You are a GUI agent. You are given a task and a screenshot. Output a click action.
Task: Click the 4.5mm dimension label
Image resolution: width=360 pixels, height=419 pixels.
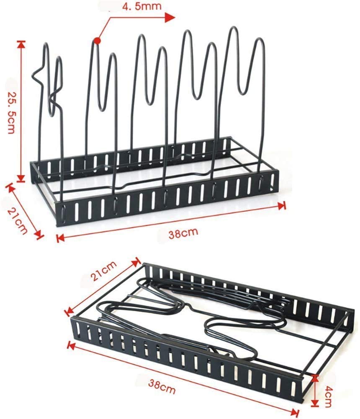tap(142, 6)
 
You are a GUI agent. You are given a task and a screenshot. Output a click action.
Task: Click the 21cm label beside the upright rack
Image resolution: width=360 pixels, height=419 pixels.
tap(17, 221)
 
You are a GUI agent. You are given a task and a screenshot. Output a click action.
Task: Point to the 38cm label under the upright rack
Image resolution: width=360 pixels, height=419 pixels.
tap(183, 233)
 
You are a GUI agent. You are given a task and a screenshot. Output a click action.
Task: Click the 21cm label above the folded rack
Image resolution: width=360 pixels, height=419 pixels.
tap(104, 270)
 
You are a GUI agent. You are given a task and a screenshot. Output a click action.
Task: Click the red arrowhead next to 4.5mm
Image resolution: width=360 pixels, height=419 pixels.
tap(170, 18)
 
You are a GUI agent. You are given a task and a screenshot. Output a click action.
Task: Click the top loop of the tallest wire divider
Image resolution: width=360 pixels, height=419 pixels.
tap(234, 30)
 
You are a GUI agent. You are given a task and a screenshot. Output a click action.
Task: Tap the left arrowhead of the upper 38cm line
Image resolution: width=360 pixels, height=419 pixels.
tap(60, 238)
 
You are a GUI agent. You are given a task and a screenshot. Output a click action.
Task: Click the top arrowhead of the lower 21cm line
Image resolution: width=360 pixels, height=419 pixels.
tap(137, 261)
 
